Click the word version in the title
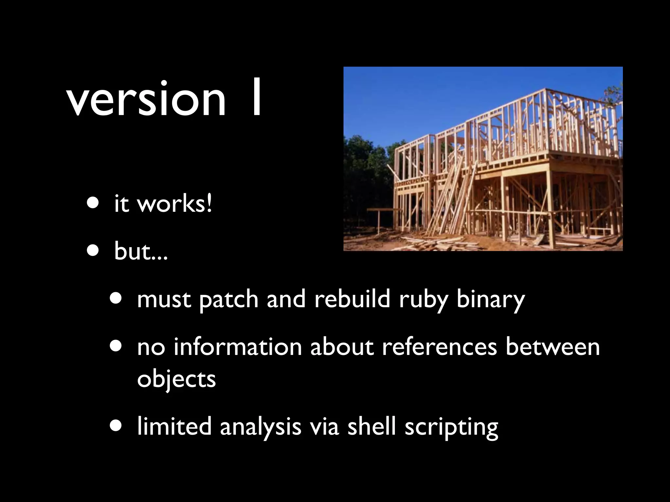146,100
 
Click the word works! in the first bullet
174,204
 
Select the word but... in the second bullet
141,251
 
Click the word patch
229,299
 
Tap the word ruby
423,300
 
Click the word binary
490,300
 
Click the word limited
174,426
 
